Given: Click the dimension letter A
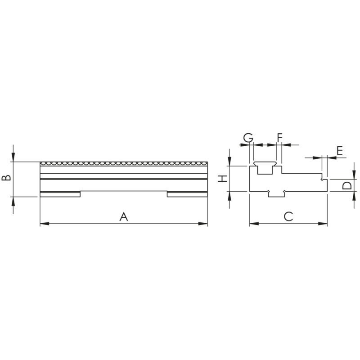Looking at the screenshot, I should [x=124, y=217].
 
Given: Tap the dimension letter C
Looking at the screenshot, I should [x=288, y=216].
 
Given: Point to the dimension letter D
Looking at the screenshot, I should [x=346, y=185].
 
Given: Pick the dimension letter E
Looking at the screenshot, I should [x=340, y=150].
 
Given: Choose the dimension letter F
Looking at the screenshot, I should [x=279, y=137].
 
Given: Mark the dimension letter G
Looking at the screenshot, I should [x=247, y=137].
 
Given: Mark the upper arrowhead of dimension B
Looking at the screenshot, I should [x=13, y=158].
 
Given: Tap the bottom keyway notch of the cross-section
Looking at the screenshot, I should [x=276, y=193].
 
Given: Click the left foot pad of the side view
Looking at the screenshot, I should [x=60, y=194].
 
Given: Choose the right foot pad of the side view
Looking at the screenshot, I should [x=187, y=194].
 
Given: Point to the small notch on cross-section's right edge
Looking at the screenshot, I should [x=322, y=179].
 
